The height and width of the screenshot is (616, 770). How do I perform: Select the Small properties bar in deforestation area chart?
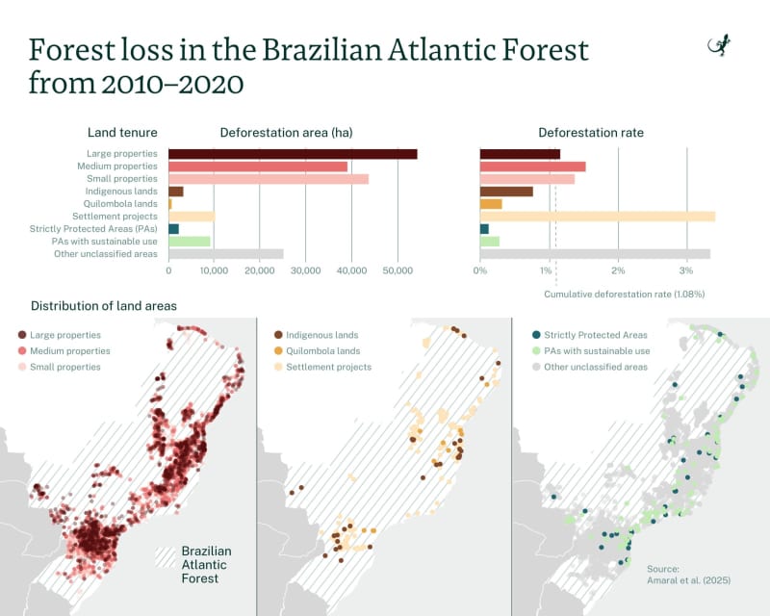[269, 179]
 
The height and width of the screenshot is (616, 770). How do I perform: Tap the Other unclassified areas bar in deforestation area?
[226, 254]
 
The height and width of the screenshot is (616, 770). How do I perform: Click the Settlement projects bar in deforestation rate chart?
[597, 217]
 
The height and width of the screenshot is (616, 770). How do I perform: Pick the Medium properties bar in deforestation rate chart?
[532, 167]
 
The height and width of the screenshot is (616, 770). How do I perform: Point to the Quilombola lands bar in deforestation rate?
[491, 204]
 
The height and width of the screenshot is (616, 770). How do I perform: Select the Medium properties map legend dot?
[22, 351]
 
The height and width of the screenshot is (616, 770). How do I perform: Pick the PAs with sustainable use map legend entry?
[591, 351]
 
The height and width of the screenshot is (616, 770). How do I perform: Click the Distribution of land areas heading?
[104, 306]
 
